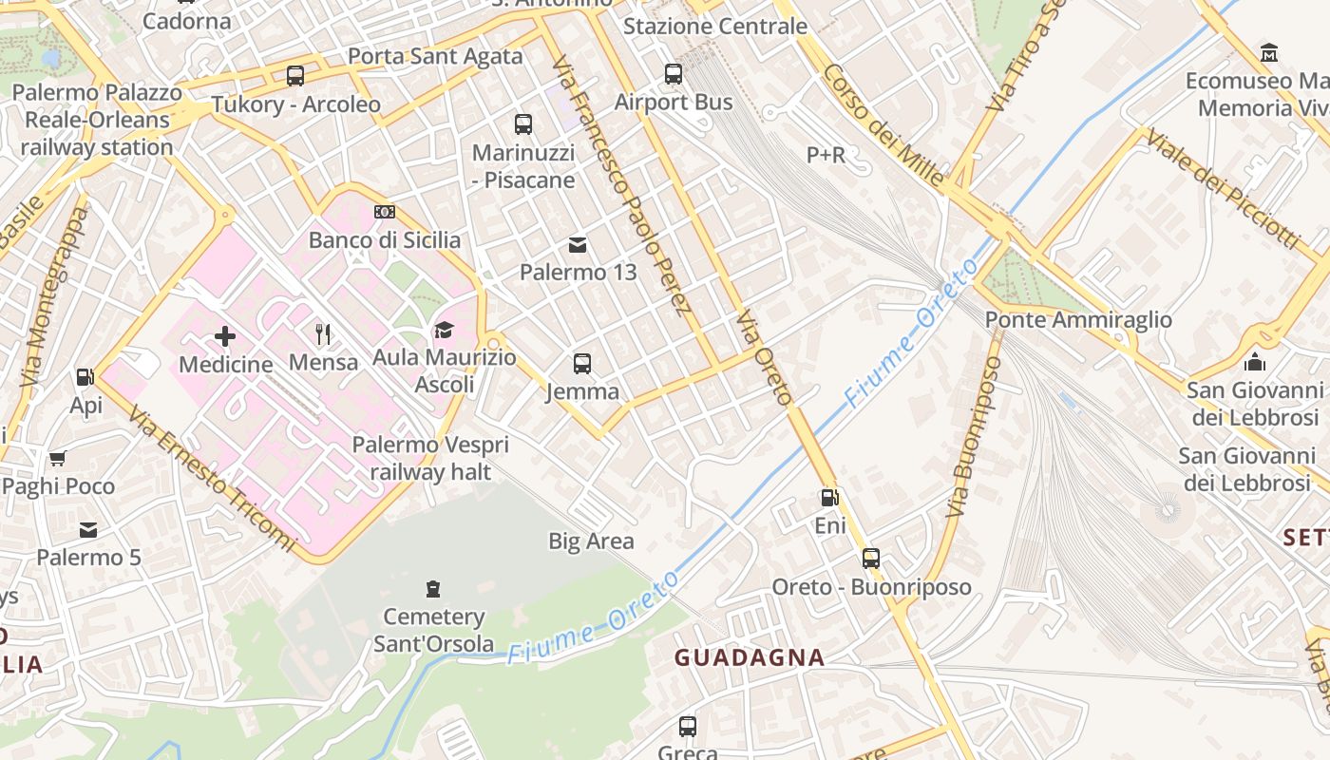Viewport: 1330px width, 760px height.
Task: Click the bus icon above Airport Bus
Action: (674, 73)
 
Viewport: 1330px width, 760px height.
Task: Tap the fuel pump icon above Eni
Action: (829, 498)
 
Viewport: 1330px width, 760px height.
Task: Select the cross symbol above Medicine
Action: (225, 335)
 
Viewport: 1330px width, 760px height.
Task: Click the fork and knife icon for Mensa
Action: (323, 333)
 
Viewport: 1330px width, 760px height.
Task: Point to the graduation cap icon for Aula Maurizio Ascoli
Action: (444, 330)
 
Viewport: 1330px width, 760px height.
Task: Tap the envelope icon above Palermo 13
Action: (577, 245)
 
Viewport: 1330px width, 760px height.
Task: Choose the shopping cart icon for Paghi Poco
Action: (58, 459)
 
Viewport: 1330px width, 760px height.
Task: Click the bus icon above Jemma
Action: (582, 363)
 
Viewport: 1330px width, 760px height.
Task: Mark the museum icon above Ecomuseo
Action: (1268, 52)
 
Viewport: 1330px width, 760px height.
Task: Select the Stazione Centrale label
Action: (714, 26)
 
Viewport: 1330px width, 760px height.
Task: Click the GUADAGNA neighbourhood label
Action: (750, 657)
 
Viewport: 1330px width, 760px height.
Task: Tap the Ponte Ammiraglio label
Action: (1078, 320)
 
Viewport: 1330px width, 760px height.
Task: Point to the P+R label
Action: (826, 155)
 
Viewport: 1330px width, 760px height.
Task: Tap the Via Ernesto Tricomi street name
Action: (212, 480)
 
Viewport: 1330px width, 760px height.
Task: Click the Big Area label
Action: (591, 541)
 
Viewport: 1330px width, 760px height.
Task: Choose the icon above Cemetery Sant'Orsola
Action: (433, 589)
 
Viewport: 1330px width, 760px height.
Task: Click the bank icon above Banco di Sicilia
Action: (384, 212)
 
